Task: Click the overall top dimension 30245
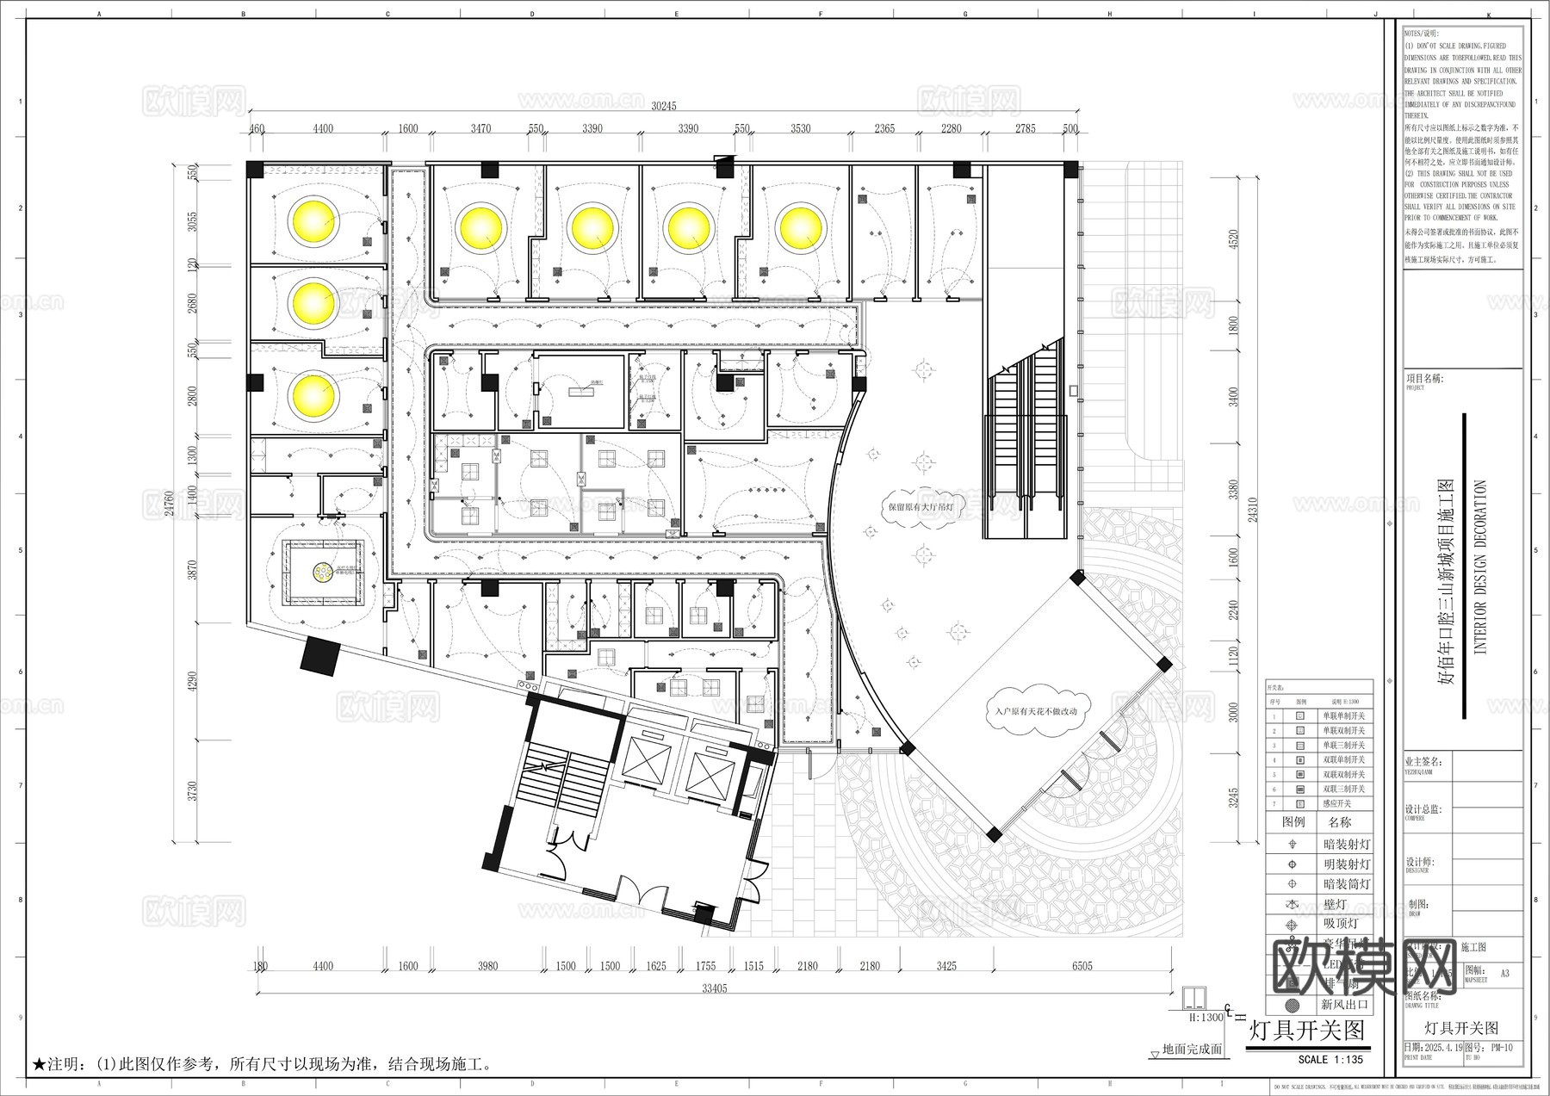[x=663, y=106]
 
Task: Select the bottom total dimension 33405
[x=714, y=988]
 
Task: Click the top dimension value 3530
[x=800, y=128]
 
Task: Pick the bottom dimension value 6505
[x=1082, y=966]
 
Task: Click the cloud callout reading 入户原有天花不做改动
[x=1035, y=711]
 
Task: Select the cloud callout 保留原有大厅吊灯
[x=921, y=507]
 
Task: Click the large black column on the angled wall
[x=320, y=657]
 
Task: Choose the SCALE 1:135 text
[x=1330, y=1060]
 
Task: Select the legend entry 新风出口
[x=1344, y=1004]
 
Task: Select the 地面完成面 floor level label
[x=1192, y=1050]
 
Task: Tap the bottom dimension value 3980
[x=487, y=966]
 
